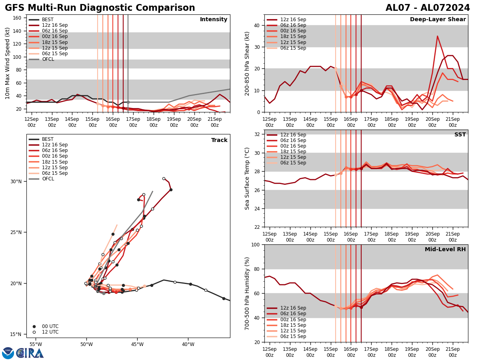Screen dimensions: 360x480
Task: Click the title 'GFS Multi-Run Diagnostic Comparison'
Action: pyautogui.click(x=100, y=8)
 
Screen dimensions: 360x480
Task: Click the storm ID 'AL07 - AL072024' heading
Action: pyautogui.click(x=428, y=8)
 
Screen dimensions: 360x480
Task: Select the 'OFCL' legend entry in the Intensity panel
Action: pyautogui.click(x=48, y=59)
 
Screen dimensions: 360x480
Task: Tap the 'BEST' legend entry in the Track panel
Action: pyautogui.click(x=48, y=139)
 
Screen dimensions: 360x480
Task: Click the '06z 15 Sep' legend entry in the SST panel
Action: pyautogui.click(x=293, y=163)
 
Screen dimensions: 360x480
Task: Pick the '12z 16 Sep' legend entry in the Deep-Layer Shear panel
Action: pyautogui.click(x=293, y=20)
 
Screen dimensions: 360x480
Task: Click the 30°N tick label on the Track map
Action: pyautogui.click(x=16, y=182)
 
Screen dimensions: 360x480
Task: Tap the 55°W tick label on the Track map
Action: pyautogui.click(x=36, y=344)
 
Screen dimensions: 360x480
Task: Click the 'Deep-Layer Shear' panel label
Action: pyautogui.click(x=438, y=20)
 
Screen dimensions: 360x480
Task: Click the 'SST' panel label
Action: pyautogui.click(x=460, y=135)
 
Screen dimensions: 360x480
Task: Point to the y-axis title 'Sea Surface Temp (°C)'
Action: pyautogui.click(x=247, y=178)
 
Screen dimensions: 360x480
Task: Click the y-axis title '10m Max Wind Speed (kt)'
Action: pyautogui.click(x=8, y=63)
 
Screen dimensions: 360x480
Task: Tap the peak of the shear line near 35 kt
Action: pyautogui.click(x=437, y=36)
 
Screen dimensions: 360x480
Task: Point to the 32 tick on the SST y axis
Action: pyautogui.click(x=256, y=134)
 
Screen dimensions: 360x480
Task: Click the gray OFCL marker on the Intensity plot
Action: pyautogui.click(x=128, y=102)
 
